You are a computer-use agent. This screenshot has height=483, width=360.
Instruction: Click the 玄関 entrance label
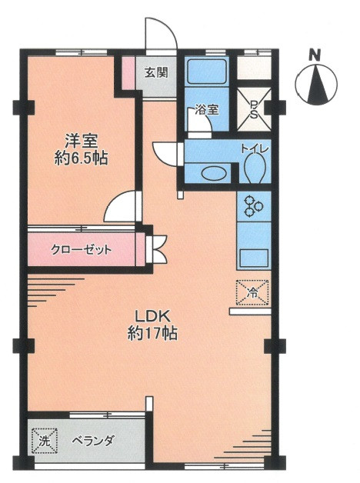[156, 74]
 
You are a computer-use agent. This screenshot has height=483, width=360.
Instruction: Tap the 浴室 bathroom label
[205, 110]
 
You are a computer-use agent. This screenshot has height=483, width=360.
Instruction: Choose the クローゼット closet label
[82, 250]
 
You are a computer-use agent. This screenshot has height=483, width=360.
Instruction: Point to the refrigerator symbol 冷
[253, 291]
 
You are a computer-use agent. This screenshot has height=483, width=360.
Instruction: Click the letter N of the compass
[314, 55]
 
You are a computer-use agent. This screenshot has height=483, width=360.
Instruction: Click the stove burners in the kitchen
[254, 205]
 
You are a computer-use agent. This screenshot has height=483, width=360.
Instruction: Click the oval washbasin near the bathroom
[207, 172]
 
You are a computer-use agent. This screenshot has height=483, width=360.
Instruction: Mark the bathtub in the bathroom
[205, 75]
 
